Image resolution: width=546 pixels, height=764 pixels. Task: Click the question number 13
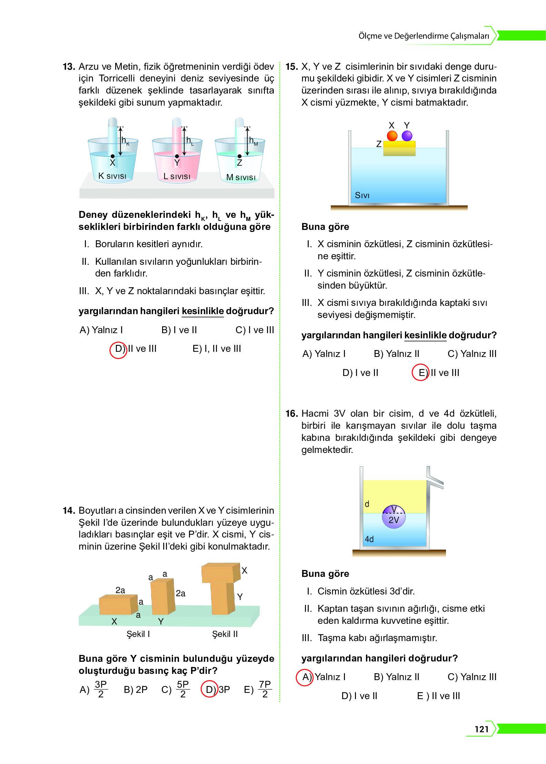click(69, 67)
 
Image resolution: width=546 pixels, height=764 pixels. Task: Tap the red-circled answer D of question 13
click(118, 349)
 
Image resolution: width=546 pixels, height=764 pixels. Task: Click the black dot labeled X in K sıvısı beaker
click(112, 156)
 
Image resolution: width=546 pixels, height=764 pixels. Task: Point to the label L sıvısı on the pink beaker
click(177, 176)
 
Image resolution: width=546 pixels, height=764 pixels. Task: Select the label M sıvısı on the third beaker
click(241, 177)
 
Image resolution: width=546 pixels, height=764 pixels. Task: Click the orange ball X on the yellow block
click(392, 136)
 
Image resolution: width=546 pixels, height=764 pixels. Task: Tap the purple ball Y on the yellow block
click(407, 136)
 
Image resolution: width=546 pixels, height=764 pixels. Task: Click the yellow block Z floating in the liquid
click(399, 149)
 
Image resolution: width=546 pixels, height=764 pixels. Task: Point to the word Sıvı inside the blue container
click(362, 195)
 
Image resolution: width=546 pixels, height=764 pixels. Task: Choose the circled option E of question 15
click(420, 373)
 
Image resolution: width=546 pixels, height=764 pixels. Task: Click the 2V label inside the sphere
click(394, 520)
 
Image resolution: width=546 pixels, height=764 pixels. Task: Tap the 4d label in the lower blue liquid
click(369, 539)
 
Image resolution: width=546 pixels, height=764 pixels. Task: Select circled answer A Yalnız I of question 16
click(305, 677)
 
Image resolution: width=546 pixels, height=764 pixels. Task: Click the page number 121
click(482, 729)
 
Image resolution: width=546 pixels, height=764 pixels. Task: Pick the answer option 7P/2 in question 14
click(265, 689)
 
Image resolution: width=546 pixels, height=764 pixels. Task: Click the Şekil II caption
click(225, 634)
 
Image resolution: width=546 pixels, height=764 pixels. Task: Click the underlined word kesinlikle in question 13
click(202, 311)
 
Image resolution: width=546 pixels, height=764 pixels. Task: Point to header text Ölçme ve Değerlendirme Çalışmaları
click(424, 36)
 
